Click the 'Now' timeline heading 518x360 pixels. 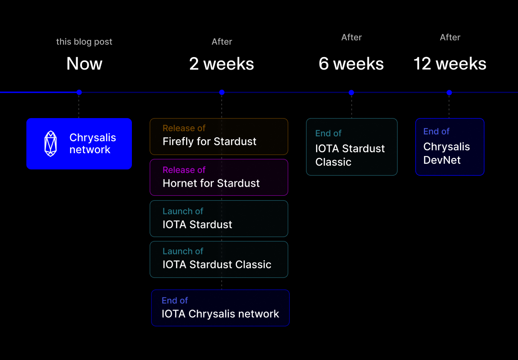coord(84,64)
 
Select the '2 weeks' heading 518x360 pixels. coord(222,64)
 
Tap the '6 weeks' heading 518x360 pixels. coord(351,64)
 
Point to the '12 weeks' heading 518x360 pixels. coord(450,64)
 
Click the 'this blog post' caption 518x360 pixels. coord(84,42)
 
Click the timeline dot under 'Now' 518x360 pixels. coord(79,92)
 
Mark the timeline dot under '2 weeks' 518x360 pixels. coord(222,92)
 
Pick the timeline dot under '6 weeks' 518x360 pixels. coord(351,92)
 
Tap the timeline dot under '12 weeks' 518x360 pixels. coord(449,92)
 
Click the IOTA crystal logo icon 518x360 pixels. coord(50,144)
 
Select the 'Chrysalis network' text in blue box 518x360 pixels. coord(93,144)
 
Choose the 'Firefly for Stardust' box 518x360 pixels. coord(219,136)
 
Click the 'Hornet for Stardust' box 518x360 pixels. coord(219,177)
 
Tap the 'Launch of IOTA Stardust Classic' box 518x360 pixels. coord(219,259)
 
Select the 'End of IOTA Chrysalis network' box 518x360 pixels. coord(220,308)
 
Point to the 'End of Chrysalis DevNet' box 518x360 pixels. coord(449,146)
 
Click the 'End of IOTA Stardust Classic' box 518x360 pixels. coord(352,147)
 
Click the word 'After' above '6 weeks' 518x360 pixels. coord(351,37)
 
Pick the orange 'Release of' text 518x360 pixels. coord(184,128)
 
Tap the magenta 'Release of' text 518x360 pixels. coord(184,170)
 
